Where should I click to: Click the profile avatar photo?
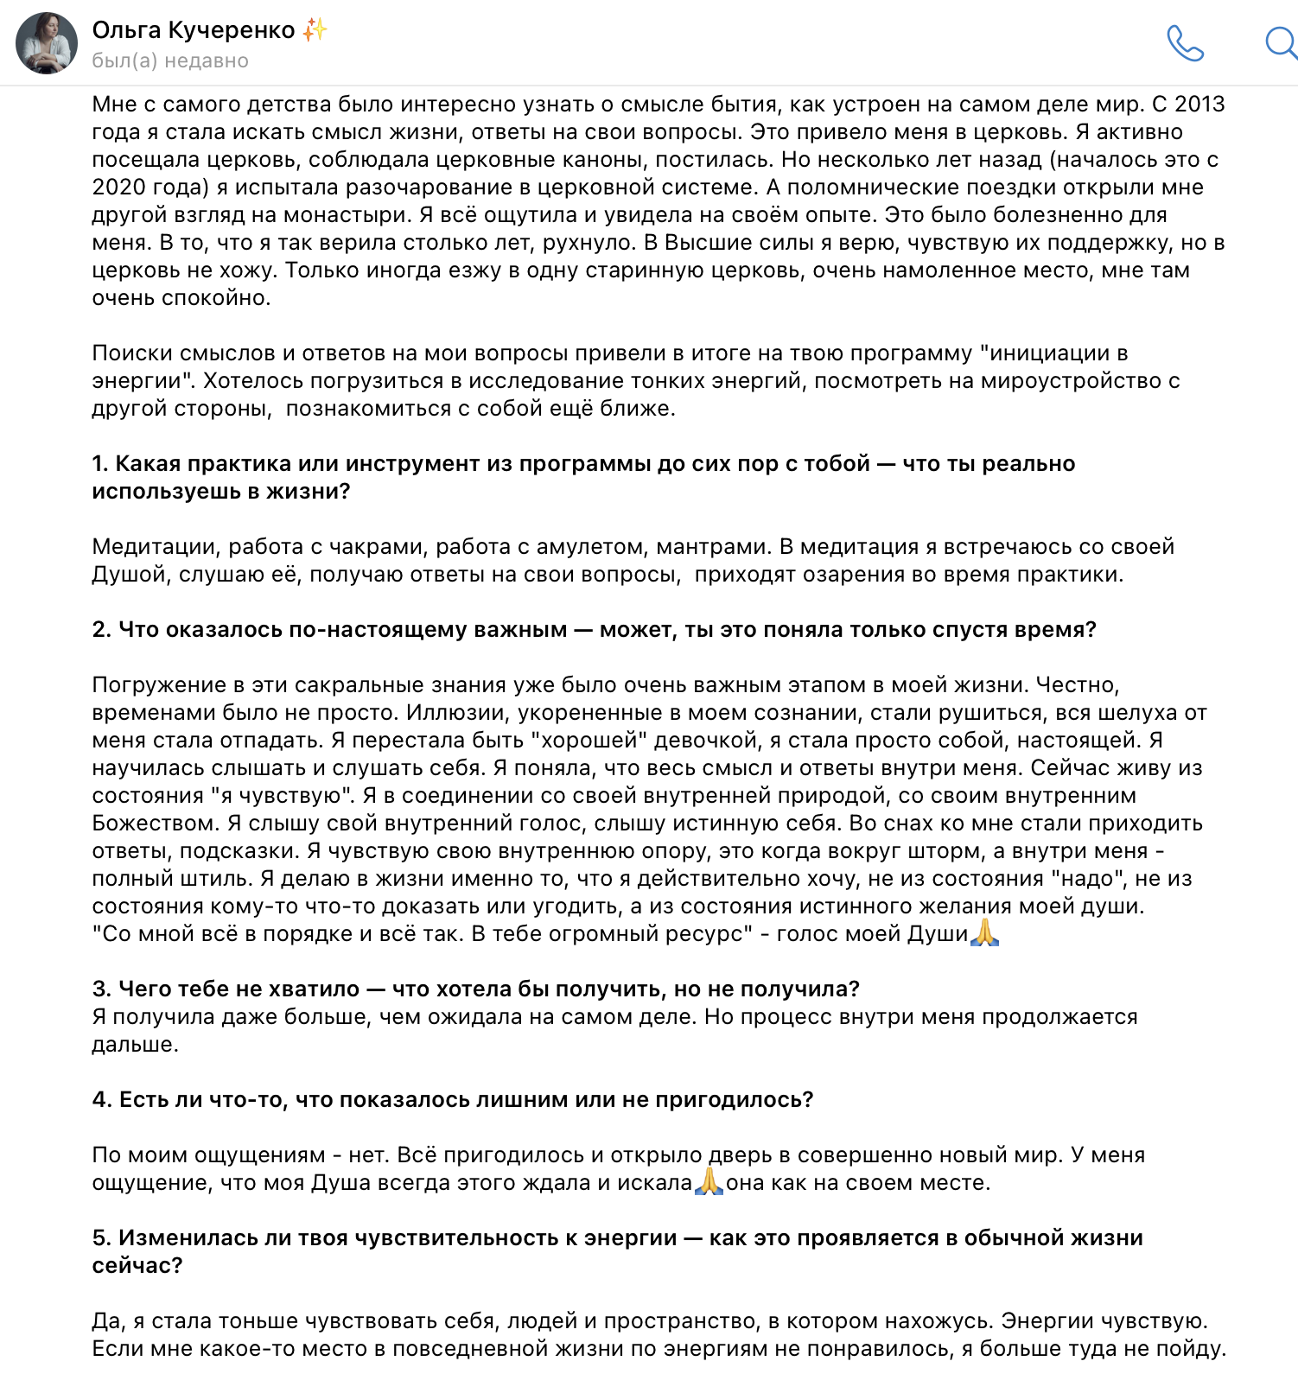(x=47, y=43)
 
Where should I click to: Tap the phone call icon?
(x=1185, y=43)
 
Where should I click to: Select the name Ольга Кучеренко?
(x=194, y=30)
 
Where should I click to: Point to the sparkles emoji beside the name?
(x=315, y=30)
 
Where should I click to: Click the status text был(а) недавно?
(x=170, y=61)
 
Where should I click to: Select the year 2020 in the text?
(x=118, y=188)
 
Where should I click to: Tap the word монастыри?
(x=352, y=215)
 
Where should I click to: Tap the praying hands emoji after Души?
(x=985, y=933)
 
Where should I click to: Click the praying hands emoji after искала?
(x=709, y=1182)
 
